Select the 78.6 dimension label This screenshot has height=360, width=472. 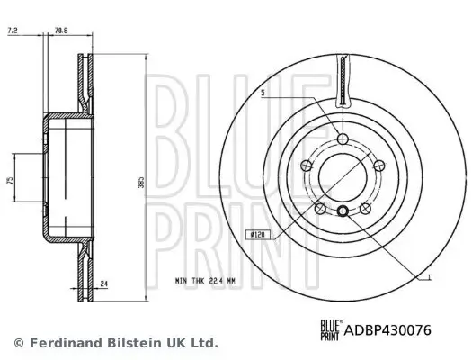pyautogui.click(x=62, y=31)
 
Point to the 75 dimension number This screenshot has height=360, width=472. pyautogui.click(x=10, y=180)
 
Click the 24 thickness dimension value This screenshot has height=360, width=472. pyautogui.click(x=105, y=284)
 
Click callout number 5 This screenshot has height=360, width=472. pyautogui.click(x=263, y=92)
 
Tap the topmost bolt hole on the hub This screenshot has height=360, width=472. pyautogui.click(x=343, y=138)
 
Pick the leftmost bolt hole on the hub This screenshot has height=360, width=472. pyautogui.click(x=307, y=164)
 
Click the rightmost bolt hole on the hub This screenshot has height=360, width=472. pyautogui.click(x=378, y=164)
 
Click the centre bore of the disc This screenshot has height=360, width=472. pyautogui.click(x=343, y=176)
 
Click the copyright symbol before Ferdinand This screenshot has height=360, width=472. pyautogui.click(x=18, y=343)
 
